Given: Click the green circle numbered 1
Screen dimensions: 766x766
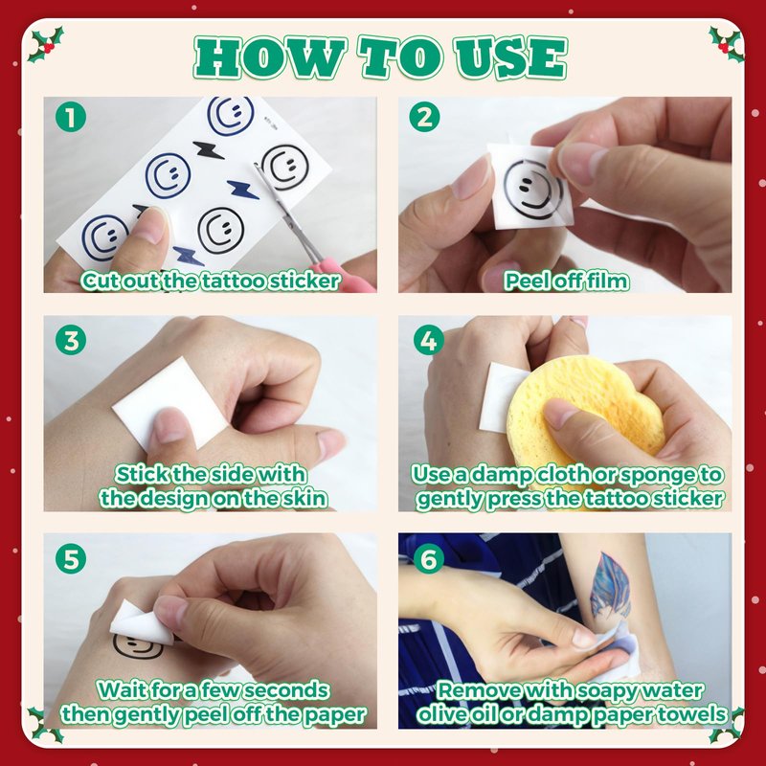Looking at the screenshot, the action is (x=71, y=117).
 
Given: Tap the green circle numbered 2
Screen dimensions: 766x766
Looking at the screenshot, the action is (x=424, y=117).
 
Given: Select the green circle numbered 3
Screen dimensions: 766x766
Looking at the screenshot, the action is (x=71, y=340).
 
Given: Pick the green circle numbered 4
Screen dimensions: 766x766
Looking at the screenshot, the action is (x=428, y=340).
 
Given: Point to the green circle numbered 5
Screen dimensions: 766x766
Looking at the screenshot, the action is (x=71, y=559).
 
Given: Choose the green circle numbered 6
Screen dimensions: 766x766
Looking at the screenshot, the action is (x=428, y=559).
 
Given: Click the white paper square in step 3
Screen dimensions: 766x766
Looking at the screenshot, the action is (x=169, y=402).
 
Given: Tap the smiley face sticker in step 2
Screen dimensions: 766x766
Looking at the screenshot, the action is (x=532, y=189).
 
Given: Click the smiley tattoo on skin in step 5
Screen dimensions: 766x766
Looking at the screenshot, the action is (x=138, y=647).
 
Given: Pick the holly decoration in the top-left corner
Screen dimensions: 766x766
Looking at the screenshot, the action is (x=46, y=44).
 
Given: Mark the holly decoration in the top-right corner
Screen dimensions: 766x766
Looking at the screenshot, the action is (x=727, y=44).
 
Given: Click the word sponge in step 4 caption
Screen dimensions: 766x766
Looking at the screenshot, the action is (x=652, y=476).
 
